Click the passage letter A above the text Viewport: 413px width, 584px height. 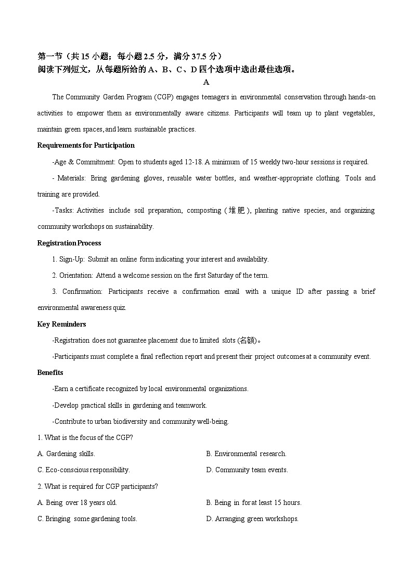(206, 82)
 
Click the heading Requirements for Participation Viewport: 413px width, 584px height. (86, 146)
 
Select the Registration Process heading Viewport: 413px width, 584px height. (69, 243)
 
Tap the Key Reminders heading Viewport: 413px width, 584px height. (61, 325)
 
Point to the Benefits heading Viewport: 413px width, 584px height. (50, 373)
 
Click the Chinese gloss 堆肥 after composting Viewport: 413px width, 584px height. (237, 211)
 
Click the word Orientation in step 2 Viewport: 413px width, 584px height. (76, 276)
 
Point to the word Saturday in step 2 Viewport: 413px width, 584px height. (221, 276)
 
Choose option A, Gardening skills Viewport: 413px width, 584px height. (66, 454)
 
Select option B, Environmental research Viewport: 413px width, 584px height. (246, 454)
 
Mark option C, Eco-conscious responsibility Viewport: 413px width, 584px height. (83, 470)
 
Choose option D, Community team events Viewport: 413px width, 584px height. (247, 470)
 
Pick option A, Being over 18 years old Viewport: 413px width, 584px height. (77, 503)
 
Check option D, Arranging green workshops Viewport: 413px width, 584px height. (252, 519)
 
